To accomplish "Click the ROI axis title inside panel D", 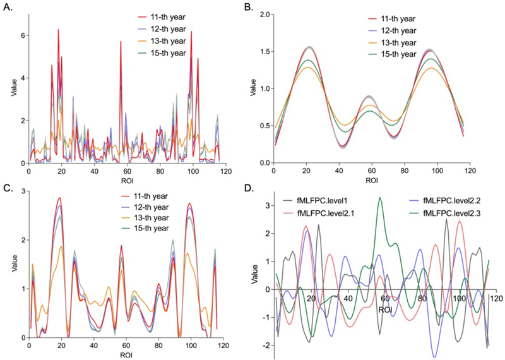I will [x=384, y=310].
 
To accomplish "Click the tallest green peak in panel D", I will [x=379, y=198].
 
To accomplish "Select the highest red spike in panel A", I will [x=58, y=30].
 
